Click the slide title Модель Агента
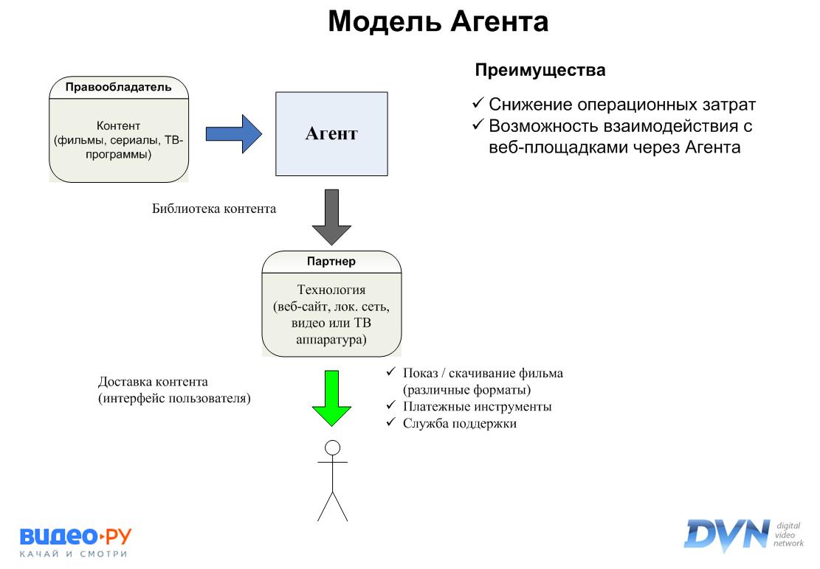pyautogui.click(x=438, y=22)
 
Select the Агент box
pyautogui.click(x=331, y=133)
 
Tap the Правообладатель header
pyautogui.click(x=118, y=88)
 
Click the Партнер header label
pyautogui.click(x=331, y=262)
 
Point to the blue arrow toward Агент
pyautogui.click(x=233, y=133)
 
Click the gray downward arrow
pyautogui.click(x=331, y=217)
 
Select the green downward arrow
pyautogui.click(x=332, y=399)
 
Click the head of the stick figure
pyautogui.click(x=332, y=447)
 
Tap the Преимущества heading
pyautogui.click(x=540, y=71)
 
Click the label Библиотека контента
pyautogui.click(x=214, y=209)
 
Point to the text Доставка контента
pyautogui.click(x=153, y=382)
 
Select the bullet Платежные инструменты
pyautogui.click(x=477, y=406)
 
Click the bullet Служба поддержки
pyautogui.click(x=459, y=424)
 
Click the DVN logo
pyautogui.click(x=727, y=534)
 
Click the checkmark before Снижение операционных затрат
pyautogui.click(x=478, y=104)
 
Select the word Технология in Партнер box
pyautogui.click(x=331, y=290)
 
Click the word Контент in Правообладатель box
pyautogui.click(x=118, y=125)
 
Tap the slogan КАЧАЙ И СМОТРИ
pyautogui.click(x=74, y=554)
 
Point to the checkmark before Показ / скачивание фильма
pyautogui.click(x=391, y=372)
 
